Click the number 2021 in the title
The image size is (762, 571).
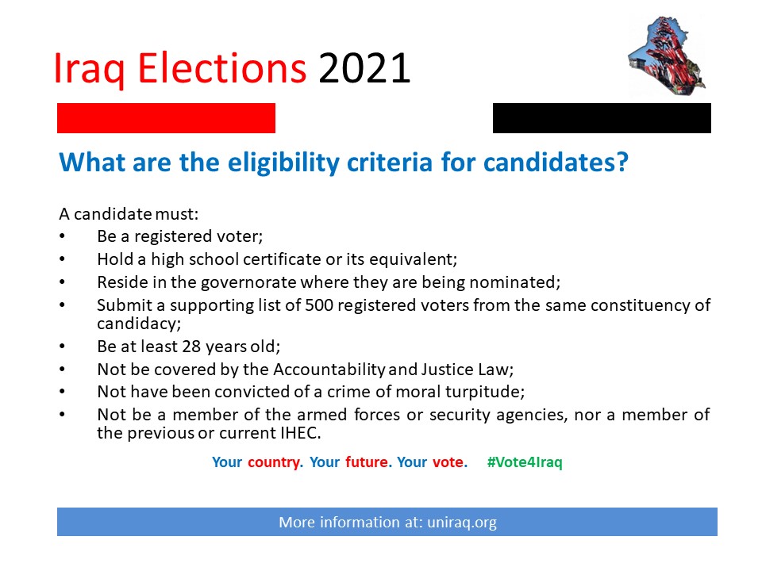tap(364, 68)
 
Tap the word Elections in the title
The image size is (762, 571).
tap(222, 68)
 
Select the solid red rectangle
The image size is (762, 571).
tap(166, 118)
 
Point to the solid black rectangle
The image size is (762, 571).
tap(602, 118)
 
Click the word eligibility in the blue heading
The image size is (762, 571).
tap(283, 163)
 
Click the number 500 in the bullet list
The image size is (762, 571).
tap(319, 305)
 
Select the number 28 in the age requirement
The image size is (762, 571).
tap(191, 347)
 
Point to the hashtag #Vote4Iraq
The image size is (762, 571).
tap(525, 462)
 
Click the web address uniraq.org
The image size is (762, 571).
tap(462, 523)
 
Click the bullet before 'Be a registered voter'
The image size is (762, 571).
tap(62, 236)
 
